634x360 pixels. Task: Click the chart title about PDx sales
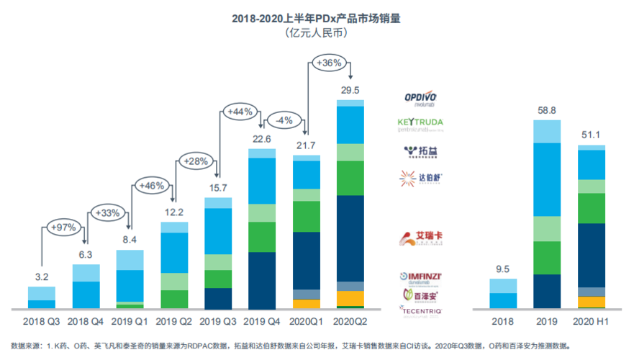[x=316, y=18]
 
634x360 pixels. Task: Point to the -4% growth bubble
[x=284, y=120]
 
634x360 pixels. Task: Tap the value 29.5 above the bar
[x=350, y=90]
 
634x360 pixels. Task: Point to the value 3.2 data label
[x=42, y=276]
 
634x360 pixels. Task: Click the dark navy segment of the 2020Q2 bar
[x=350, y=238]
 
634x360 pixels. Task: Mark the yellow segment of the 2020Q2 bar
[x=350, y=297]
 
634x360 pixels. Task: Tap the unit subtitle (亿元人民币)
[x=316, y=33]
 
